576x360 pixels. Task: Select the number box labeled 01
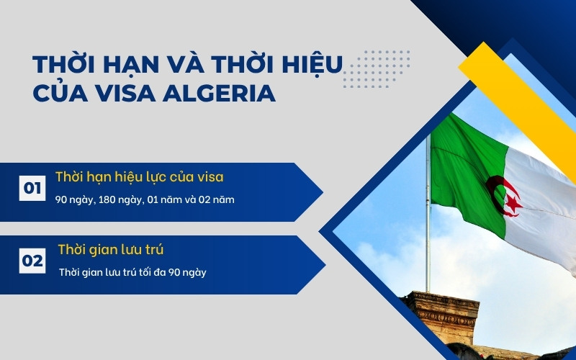32,189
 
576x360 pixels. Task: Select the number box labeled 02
32,261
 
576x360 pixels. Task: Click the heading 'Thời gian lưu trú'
111,251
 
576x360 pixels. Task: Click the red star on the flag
513,204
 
